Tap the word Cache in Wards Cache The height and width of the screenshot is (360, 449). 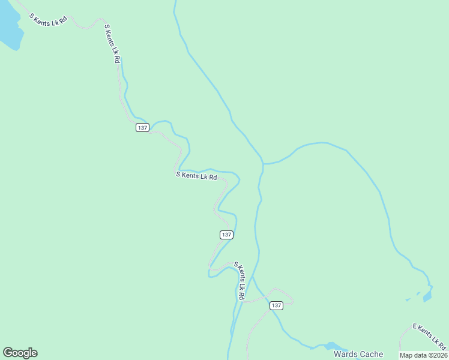coord(372,354)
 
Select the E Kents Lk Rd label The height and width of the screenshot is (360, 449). coord(429,335)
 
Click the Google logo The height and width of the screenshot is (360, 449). coord(20,353)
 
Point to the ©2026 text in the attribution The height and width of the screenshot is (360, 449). coord(436,355)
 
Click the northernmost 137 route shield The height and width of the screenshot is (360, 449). coord(142,128)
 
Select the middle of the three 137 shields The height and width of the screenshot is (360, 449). coord(226,235)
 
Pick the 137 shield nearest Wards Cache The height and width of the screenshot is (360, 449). coord(276,305)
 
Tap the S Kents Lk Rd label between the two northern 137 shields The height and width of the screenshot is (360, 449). coord(196,176)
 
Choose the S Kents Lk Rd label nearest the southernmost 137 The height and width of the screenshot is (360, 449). coord(239,281)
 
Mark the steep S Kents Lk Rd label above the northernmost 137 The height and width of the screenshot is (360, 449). coord(112,43)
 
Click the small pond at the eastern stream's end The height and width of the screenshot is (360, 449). coord(427,296)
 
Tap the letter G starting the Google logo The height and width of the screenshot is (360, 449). coord(8,353)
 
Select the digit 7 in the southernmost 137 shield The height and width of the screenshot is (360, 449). coord(279,305)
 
